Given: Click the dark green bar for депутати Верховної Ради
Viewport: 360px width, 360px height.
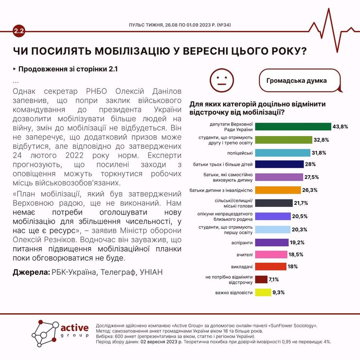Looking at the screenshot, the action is (x=293, y=127).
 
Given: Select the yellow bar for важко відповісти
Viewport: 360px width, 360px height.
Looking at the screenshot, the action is (x=263, y=292).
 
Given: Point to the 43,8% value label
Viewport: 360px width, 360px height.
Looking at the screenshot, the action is (x=341, y=127).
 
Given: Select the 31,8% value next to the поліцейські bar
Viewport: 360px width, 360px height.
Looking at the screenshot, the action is (x=319, y=152).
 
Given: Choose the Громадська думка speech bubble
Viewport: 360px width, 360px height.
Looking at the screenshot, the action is (x=297, y=81).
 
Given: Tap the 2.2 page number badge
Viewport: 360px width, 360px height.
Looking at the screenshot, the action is (x=19, y=32).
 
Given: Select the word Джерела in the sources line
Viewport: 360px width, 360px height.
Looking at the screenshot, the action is (x=30, y=273).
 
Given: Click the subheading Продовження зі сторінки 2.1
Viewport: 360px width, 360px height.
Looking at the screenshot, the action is (x=68, y=69).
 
